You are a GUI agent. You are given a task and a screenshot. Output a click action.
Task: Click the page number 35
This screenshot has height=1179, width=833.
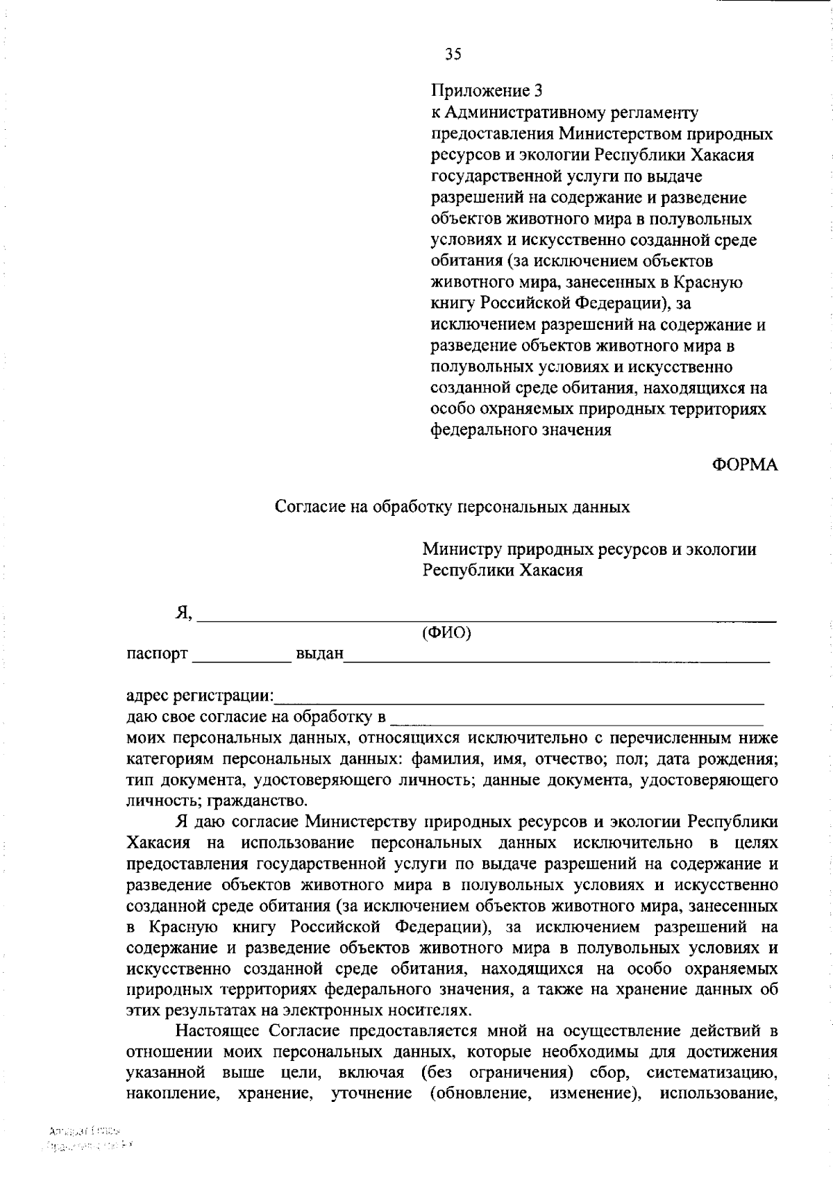coord(453,54)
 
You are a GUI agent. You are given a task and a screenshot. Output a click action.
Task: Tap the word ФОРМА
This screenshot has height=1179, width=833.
coord(745,465)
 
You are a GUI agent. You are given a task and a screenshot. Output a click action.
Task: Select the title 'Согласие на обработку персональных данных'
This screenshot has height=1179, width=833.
coord(452,507)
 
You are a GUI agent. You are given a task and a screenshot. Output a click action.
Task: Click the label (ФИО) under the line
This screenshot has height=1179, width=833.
coord(446,633)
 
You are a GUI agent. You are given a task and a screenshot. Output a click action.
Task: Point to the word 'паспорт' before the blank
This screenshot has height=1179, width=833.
coord(157,654)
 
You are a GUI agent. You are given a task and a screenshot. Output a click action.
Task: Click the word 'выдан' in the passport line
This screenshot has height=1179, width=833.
coord(319,654)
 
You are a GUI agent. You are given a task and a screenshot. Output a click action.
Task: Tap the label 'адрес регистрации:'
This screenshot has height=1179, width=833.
coord(200,696)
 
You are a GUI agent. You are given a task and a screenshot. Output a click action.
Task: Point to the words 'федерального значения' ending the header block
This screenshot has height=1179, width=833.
coord(521,430)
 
